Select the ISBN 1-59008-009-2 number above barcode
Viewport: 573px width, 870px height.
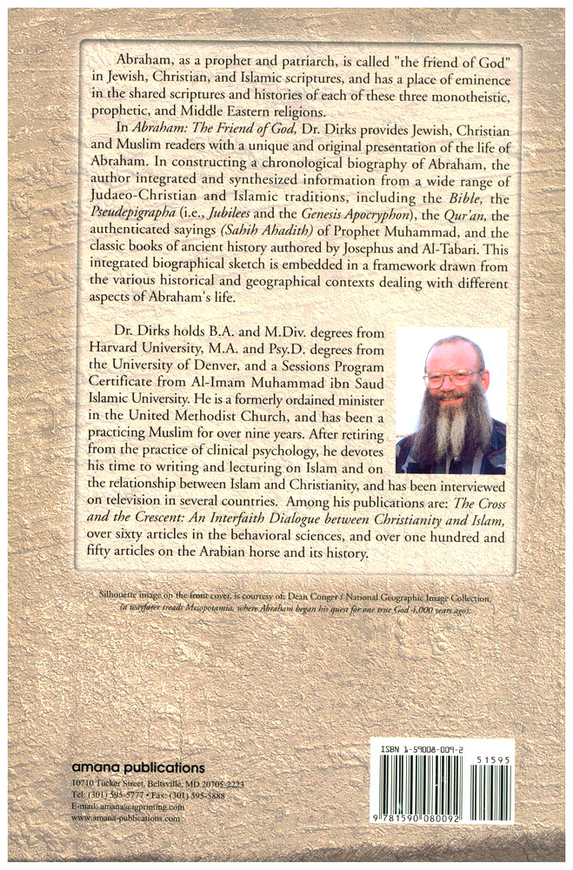(428, 747)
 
